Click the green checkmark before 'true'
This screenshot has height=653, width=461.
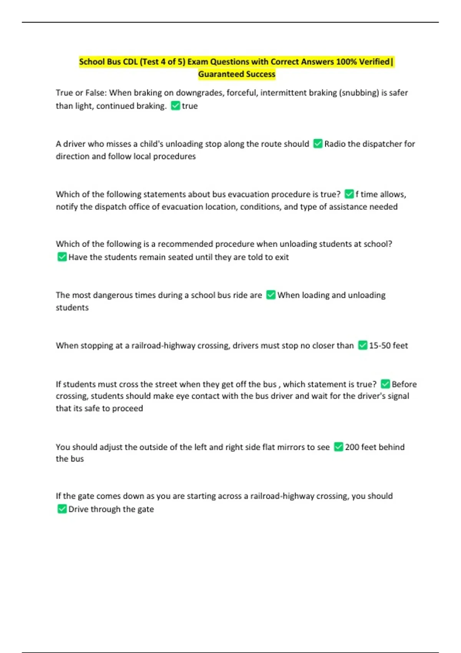(176, 106)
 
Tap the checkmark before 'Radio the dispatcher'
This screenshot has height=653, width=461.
(318, 144)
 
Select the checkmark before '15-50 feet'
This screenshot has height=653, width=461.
(363, 345)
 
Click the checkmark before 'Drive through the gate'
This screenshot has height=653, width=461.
(62, 509)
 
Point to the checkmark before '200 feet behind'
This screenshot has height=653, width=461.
(338, 447)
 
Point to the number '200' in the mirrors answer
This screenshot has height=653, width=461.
(352, 447)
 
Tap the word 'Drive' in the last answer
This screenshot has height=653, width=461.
(78, 509)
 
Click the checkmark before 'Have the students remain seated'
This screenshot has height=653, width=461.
(62, 257)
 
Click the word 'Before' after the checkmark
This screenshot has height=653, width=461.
(404, 384)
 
